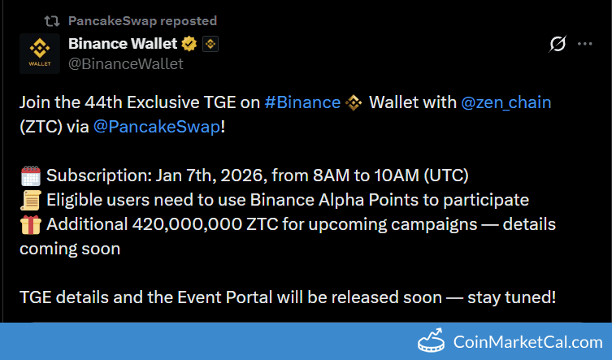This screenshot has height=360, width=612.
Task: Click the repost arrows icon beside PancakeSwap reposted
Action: click(x=51, y=20)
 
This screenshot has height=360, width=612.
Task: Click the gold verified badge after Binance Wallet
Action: click(x=190, y=44)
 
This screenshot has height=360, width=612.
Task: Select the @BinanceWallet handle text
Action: click(x=126, y=63)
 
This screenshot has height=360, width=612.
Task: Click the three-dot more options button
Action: click(x=584, y=44)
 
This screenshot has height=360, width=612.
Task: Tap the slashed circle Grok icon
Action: click(x=558, y=44)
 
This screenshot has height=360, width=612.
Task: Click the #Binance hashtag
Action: click(x=302, y=102)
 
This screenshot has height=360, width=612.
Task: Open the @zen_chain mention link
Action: click(x=506, y=102)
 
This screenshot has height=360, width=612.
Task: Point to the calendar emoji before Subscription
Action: click(x=30, y=176)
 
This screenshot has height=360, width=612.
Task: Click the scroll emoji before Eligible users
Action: click(x=30, y=200)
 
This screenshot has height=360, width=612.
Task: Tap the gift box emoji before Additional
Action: click(x=30, y=224)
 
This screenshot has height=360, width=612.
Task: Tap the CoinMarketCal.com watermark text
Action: click(x=527, y=342)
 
